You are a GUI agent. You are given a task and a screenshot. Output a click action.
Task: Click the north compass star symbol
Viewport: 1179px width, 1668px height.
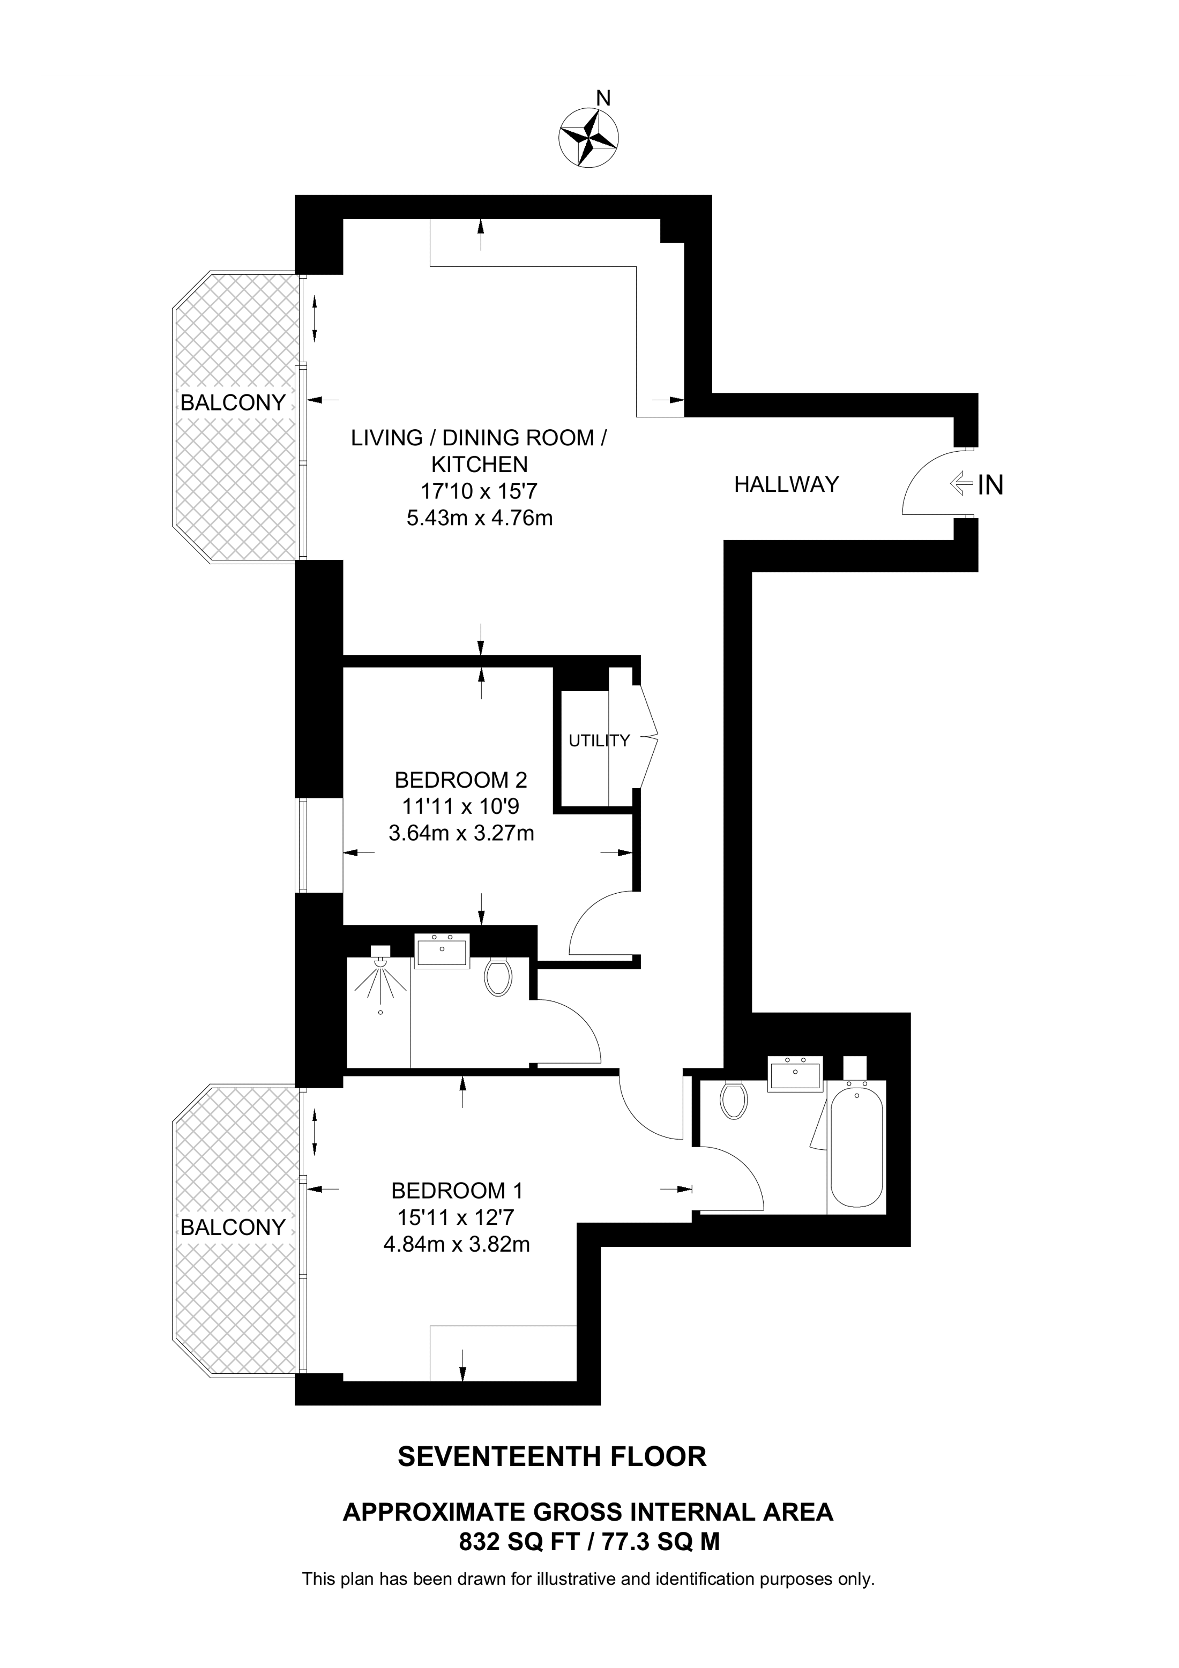tap(588, 137)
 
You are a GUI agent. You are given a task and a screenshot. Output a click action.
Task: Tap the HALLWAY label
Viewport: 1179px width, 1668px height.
tap(786, 484)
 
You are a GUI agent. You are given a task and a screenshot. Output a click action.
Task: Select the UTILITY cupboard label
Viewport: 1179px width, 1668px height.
tap(599, 741)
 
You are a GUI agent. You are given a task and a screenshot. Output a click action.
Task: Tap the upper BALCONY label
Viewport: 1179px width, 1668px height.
tap(233, 402)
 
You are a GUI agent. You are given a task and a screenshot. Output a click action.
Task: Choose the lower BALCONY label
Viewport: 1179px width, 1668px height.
tap(233, 1227)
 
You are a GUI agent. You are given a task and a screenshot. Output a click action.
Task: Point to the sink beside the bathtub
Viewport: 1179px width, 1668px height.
tap(795, 1074)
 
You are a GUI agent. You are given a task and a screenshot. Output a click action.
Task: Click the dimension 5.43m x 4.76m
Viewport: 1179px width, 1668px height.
tap(480, 518)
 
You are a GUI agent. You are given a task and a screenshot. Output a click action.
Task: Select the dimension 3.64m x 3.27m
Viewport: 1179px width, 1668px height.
tap(461, 833)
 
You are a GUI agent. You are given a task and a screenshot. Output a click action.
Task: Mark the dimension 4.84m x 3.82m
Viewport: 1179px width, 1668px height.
tap(457, 1245)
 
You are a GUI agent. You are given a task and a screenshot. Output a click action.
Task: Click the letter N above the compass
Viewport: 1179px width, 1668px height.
tap(603, 98)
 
